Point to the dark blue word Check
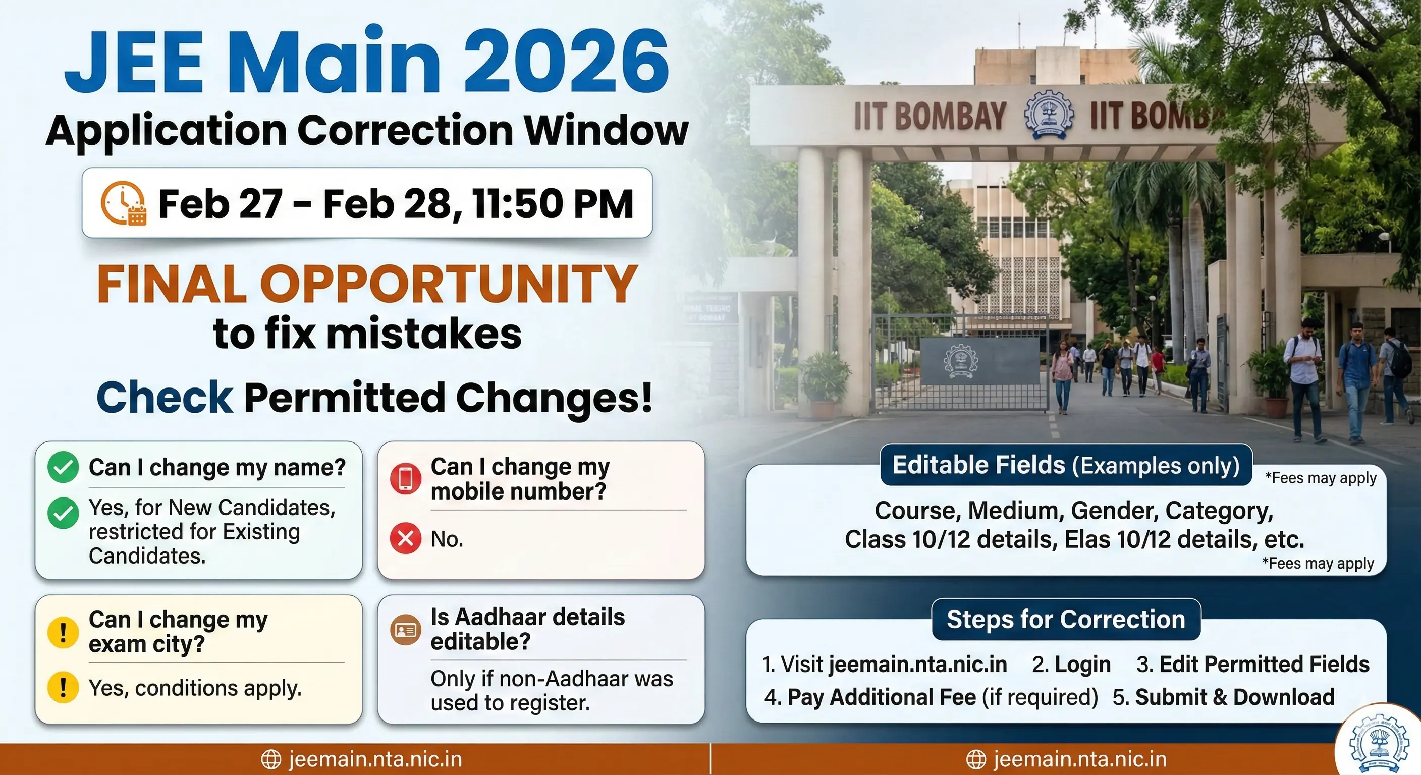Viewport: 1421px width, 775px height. coord(165,397)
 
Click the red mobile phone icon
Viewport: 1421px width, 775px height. coord(405,479)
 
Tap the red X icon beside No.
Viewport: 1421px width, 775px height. coord(405,538)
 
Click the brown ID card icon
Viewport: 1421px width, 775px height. coord(405,629)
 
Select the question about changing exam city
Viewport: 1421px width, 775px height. coord(178,632)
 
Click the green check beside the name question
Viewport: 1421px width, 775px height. coord(63,467)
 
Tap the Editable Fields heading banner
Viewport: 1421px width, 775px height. coord(1066,465)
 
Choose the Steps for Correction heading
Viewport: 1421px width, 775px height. coord(1066,620)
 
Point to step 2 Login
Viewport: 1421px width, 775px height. coord(1071,664)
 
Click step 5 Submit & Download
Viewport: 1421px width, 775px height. coord(1224,697)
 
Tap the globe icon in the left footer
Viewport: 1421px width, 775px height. coord(271,759)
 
